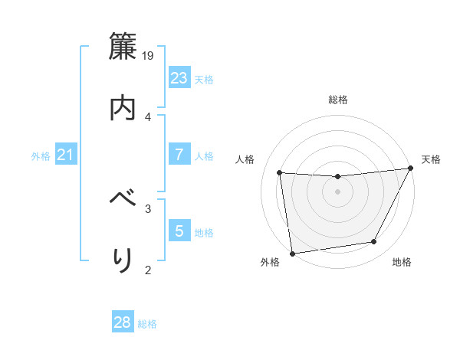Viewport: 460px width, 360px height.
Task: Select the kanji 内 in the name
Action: click(123, 108)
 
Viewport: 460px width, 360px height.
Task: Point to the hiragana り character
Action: click(123, 260)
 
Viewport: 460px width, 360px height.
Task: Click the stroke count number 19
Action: click(149, 56)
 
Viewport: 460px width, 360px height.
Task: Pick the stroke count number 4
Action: click(148, 116)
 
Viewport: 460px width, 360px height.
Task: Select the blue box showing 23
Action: click(179, 78)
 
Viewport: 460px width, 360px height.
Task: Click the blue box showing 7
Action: click(179, 155)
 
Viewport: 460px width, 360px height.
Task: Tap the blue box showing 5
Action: click(179, 231)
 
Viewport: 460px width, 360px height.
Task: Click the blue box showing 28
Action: click(123, 322)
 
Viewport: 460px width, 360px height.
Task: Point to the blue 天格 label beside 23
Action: click(204, 80)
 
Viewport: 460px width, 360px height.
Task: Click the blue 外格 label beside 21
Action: click(41, 156)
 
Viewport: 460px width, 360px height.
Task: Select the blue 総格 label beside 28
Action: click(147, 324)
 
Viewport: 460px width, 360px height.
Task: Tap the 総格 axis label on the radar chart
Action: click(338, 100)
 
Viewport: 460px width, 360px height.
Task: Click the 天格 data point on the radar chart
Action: click(410, 169)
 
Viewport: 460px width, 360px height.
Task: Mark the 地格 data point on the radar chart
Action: click(374, 242)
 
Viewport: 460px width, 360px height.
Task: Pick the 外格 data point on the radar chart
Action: click(292, 253)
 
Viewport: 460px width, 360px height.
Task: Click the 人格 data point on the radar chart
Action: click(280, 172)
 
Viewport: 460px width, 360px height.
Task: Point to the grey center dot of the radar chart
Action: click(337, 191)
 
